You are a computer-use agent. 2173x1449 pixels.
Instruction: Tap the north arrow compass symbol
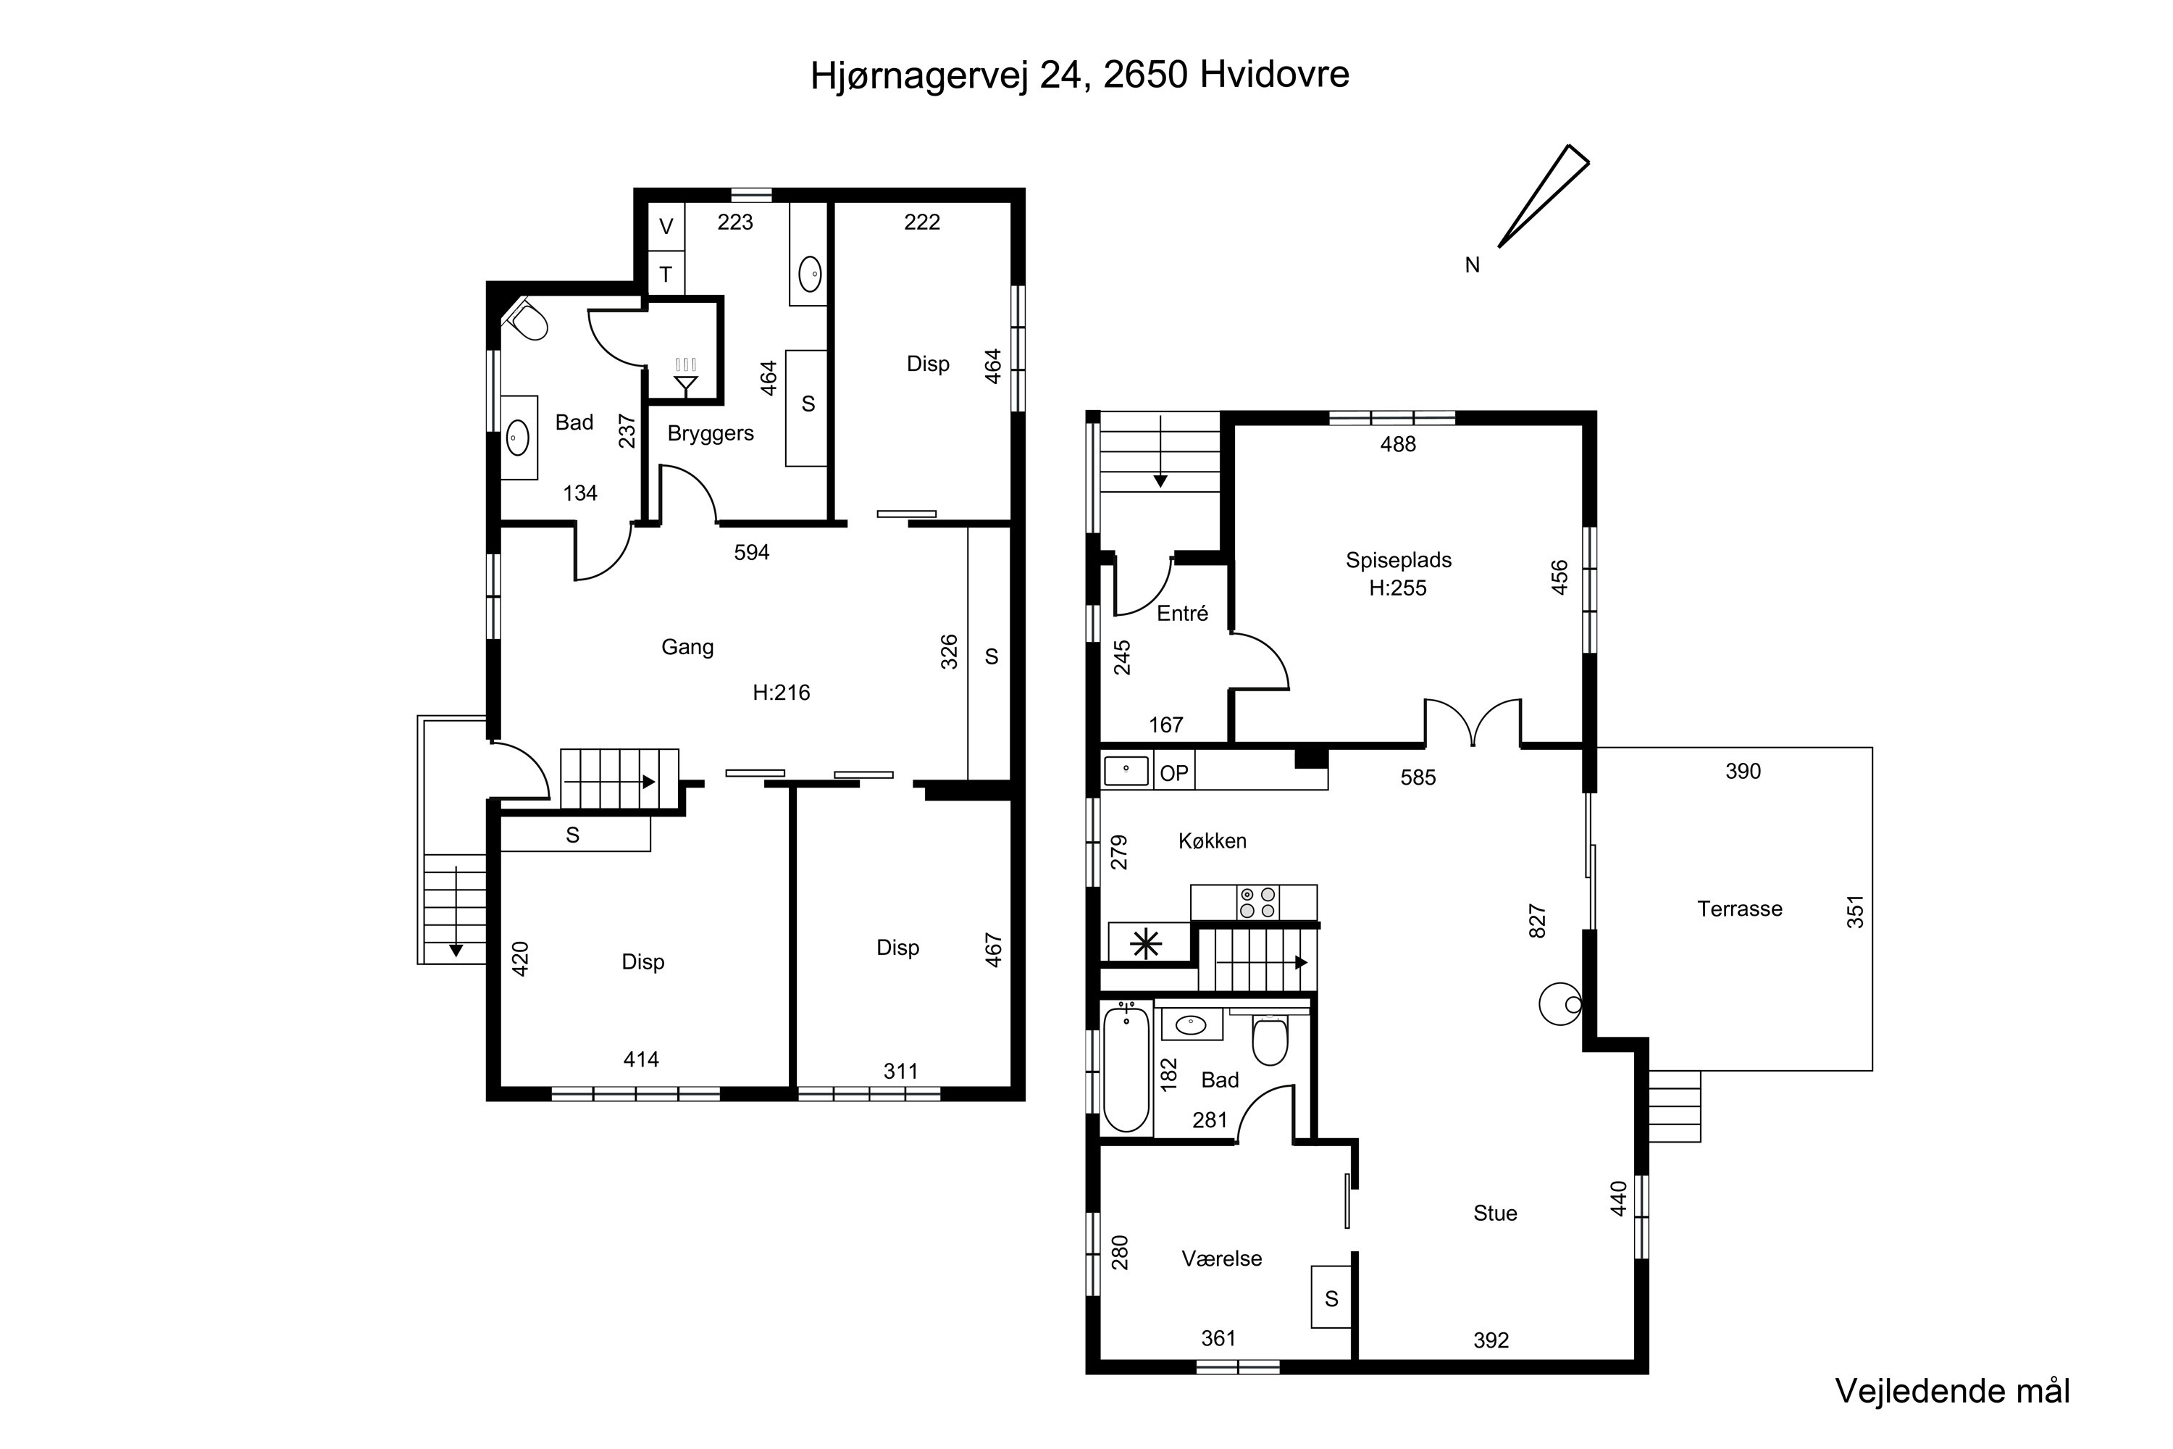point(1544,196)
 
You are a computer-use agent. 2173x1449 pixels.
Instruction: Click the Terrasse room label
point(1740,909)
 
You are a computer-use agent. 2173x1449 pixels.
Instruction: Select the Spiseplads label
point(1398,560)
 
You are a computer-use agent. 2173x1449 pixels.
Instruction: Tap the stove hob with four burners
point(1257,903)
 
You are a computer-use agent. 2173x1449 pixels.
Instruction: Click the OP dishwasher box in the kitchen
point(1174,772)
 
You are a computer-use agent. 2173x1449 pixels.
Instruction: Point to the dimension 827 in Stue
point(1536,922)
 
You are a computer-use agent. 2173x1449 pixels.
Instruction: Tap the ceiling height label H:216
point(781,692)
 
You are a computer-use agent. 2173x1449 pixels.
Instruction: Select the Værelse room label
point(1221,1258)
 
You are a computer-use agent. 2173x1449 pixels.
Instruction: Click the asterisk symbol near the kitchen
point(1146,943)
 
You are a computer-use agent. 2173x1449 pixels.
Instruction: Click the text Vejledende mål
point(1952,1392)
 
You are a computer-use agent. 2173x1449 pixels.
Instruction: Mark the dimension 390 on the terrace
point(1743,772)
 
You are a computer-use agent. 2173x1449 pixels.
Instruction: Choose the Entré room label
point(1183,614)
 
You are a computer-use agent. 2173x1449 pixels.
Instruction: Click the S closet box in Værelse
point(1331,1298)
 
